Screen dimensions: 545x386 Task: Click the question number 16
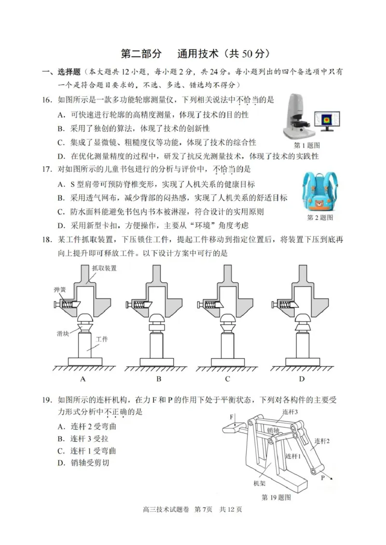[46, 100]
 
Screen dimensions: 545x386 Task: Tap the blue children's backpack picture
[319, 192]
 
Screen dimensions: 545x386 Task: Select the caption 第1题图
[307, 145]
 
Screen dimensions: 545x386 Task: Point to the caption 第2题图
[320, 218]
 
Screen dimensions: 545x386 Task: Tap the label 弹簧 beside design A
[60, 290]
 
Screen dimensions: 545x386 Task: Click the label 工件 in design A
[102, 339]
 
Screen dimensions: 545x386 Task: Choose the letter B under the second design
[158, 379]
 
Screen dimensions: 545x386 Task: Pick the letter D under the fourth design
[302, 379]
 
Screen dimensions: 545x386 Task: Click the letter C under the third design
[227, 379]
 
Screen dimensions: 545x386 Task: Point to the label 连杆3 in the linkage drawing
[290, 411]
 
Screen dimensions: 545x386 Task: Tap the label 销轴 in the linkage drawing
[273, 430]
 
